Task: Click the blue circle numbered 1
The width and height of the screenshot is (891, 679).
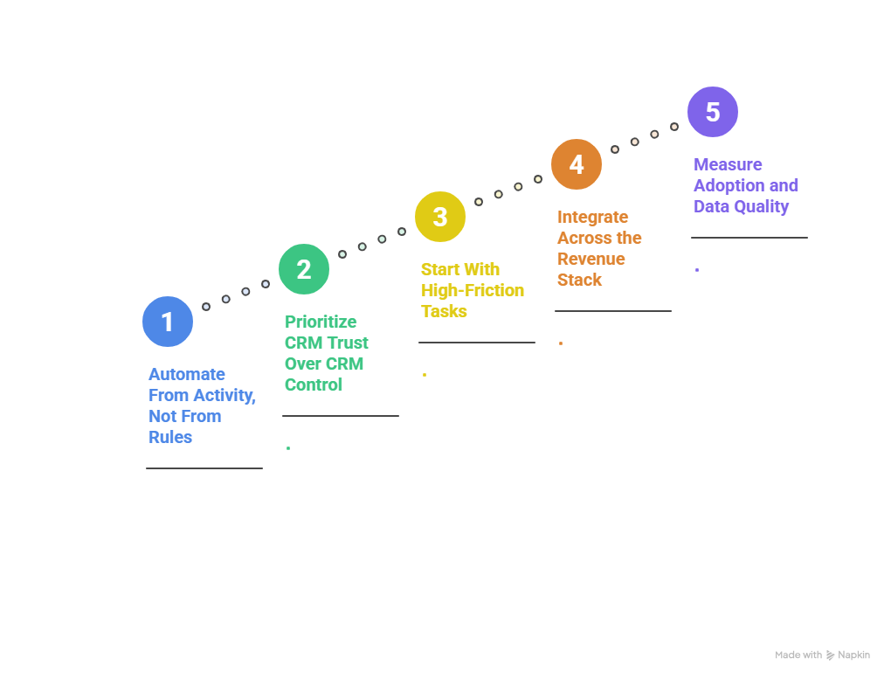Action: click(168, 322)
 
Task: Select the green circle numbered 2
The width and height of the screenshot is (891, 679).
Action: click(304, 269)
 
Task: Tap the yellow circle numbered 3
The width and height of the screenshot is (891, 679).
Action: click(440, 217)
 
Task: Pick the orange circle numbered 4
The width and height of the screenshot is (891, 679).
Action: click(577, 164)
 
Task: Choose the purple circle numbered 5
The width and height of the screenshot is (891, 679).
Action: click(713, 112)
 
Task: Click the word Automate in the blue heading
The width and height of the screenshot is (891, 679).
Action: click(187, 374)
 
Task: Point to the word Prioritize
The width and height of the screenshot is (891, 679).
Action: click(321, 322)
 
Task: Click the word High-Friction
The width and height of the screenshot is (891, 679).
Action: click(473, 290)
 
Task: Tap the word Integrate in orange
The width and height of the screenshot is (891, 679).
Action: click(593, 217)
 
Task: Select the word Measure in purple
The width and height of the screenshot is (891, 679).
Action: click(728, 164)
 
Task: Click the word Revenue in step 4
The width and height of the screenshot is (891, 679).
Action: click(591, 259)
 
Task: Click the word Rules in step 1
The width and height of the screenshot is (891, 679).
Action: click(170, 437)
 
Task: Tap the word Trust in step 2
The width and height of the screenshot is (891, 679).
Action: click(348, 343)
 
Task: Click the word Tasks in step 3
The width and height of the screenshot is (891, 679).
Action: click(444, 311)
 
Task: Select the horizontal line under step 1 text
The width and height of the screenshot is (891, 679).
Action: click(204, 468)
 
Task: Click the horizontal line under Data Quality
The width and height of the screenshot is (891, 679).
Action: click(749, 238)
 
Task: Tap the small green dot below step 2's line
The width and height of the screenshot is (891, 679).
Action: click(288, 448)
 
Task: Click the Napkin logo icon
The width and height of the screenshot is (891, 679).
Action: click(830, 655)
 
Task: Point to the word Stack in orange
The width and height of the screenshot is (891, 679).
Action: click(580, 280)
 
